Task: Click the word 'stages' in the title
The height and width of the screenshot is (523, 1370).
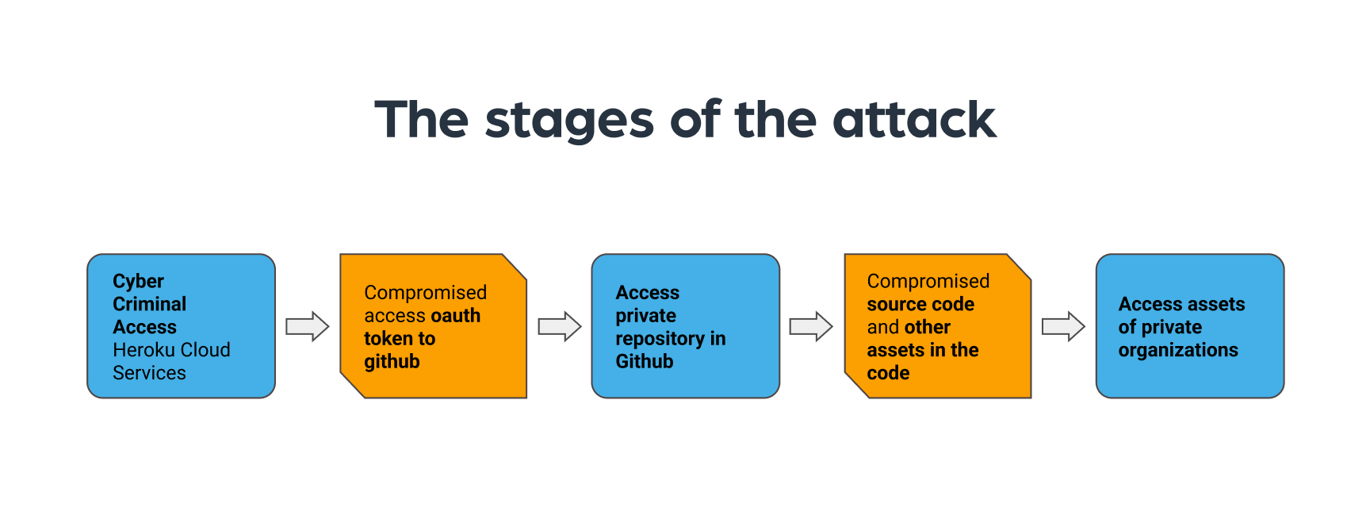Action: pyautogui.click(x=570, y=121)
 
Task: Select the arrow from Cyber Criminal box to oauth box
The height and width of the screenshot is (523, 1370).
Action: pyautogui.click(x=307, y=326)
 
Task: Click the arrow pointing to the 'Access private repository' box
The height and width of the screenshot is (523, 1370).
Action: pyautogui.click(x=559, y=326)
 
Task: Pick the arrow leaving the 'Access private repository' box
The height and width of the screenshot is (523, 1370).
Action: pyautogui.click(x=811, y=326)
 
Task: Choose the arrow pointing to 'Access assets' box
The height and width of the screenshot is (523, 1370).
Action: pyautogui.click(x=1063, y=326)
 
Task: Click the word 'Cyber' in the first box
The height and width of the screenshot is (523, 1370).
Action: pyautogui.click(x=138, y=282)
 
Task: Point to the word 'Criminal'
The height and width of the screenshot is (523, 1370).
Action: pyautogui.click(x=149, y=304)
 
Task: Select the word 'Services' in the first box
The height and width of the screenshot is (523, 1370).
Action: pyautogui.click(x=149, y=373)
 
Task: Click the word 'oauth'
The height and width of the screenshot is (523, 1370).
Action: pyautogui.click(x=456, y=316)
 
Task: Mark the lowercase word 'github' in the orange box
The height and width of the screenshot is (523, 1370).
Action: pyautogui.click(x=392, y=363)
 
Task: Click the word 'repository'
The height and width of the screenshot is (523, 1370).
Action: pyautogui.click(x=660, y=340)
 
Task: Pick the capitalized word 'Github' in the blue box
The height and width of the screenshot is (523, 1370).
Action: pyautogui.click(x=645, y=362)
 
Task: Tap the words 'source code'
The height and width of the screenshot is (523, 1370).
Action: pyautogui.click(x=920, y=305)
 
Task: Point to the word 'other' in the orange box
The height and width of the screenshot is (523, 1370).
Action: pyautogui.click(x=926, y=327)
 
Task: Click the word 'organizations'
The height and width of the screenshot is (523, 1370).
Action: pyautogui.click(x=1178, y=351)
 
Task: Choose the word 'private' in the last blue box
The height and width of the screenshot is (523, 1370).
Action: pyautogui.click(x=1171, y=328)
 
